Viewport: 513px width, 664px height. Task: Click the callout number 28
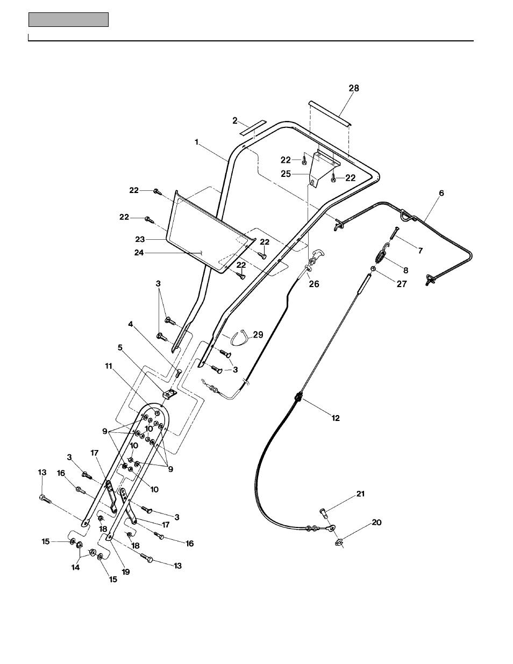coord(354,88)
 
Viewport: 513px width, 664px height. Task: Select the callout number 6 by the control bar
coord(441,192)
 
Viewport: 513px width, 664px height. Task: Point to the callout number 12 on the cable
coord(336,418)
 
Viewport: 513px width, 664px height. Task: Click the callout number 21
coord(360,494)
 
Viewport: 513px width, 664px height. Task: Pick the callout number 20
coord(377,522)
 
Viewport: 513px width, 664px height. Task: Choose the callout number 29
coord(258,334)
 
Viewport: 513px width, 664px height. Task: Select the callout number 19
coord(125,572)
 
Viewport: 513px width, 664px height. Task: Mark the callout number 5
coord(120,347)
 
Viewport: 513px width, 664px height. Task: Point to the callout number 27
coord(402,284)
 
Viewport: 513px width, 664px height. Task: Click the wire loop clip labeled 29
coord(237,339)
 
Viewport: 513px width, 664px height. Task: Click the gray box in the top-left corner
coord(68,20)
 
